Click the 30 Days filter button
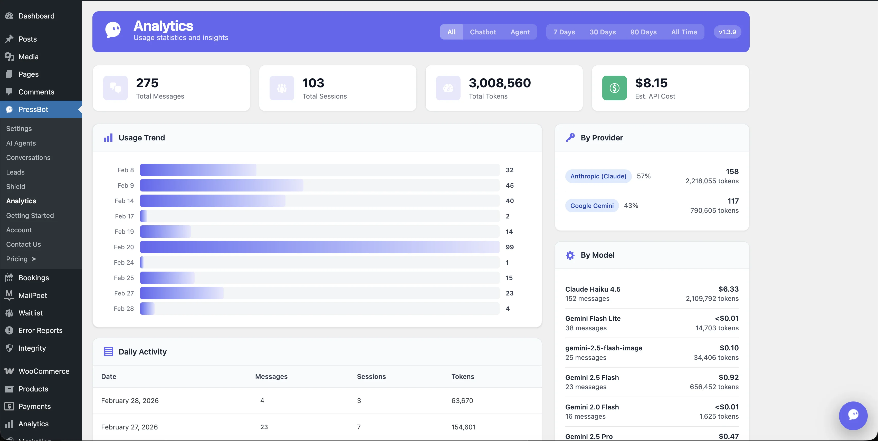point(602,32)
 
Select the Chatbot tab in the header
point(483,32)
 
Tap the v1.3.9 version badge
point(727,32)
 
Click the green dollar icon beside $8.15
point(614,88)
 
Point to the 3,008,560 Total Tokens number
point(499,83)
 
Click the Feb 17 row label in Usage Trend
point(125,216)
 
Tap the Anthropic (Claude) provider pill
point(598,176)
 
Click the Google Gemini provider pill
point(592,206)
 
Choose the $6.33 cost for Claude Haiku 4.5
point(728,289)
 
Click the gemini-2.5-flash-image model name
point(604,348)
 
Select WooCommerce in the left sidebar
point(44,371)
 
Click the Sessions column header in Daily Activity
point(371,377)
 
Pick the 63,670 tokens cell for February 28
point(462,401)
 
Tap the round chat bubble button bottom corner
point(853,415)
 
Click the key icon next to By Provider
point(570,138)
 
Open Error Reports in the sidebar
point(40,331)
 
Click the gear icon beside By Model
point(570,255)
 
